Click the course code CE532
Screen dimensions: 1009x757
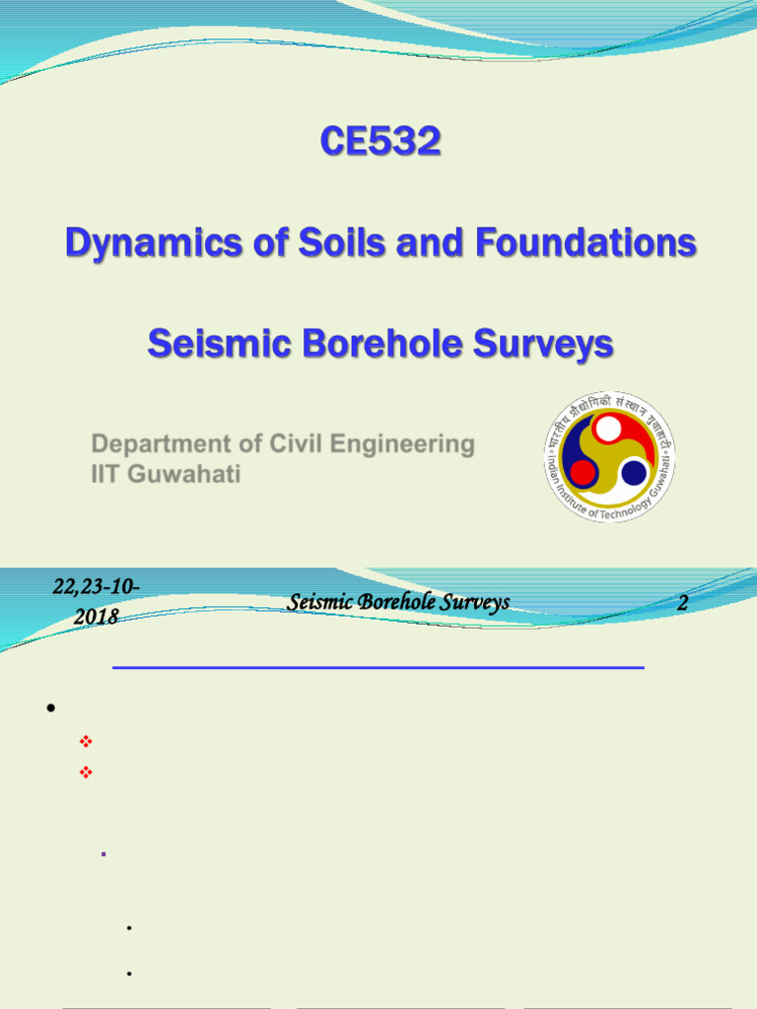pyautogui.click(x=379, y=143)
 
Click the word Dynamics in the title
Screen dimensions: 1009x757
pyautogui.click(x=135, y=242)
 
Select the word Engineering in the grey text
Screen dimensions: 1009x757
pyautogui.click(x=404, y=444)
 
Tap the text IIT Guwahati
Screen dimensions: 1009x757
pyautogui.click(x=166, y=474)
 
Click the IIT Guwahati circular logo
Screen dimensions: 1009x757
pyautogui.click(x=609, y=456)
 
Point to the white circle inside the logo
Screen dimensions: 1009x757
pyautogui.click(x=609, y=429)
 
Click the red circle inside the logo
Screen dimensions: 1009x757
pyautogui.click(x=583, y=473)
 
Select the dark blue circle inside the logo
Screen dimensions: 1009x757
pyautogui.click(x=634, y=473)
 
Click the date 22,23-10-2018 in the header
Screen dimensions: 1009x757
pyautogui.click(x=96, y=601)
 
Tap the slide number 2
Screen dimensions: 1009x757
pyautogui.click(x=682, y=603)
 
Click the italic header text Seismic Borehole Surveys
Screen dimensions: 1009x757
pyautogui.click(x=398, y=602)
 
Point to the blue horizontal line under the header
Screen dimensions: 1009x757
pyautogui.click(x=378, y=668)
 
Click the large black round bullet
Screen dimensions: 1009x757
pyautogui.click(x=49, y=708)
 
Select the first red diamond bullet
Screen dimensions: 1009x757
pyautogui.click(x=85, y=741)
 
